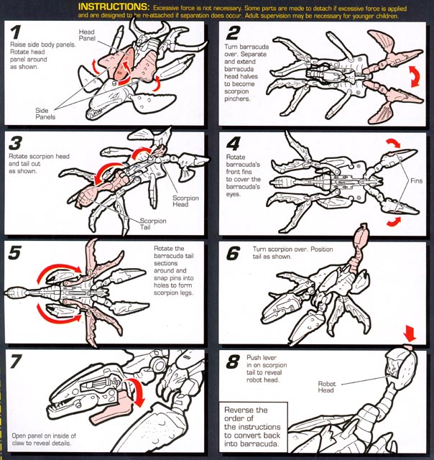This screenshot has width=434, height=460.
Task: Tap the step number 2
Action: click(x=233, y=33)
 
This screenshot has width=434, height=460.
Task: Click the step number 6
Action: click(x=232, y=253)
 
